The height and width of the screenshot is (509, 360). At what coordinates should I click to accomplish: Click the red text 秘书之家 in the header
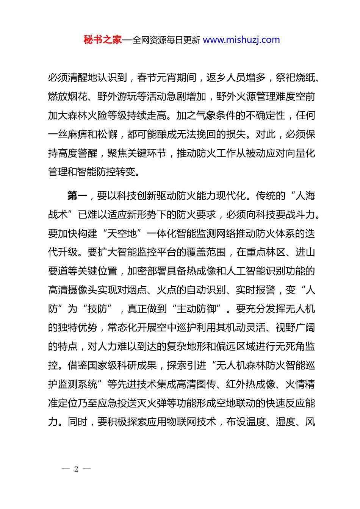(x=103, y=40)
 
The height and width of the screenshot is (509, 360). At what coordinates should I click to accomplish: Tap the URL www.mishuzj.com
(x=241, y=40)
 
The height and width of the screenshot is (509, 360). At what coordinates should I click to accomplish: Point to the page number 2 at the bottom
(x=76, y=469)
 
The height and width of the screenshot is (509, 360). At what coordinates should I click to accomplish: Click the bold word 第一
(x=77, y=196)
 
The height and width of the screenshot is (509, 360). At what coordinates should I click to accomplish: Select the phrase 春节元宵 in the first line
(x=157, y=78)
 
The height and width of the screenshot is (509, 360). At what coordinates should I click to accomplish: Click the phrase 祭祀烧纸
(x=295, y=78)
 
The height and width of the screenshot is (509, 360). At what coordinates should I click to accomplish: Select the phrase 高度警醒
(x=78, y=154)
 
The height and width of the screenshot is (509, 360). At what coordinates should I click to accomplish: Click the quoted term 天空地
(x=122, y=234)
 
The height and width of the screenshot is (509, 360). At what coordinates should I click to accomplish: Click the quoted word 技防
(x=97, y=309)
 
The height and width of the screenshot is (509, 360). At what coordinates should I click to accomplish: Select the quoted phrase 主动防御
(x=196, y=309)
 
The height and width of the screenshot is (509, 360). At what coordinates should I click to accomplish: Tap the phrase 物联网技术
(x=191, y=422)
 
